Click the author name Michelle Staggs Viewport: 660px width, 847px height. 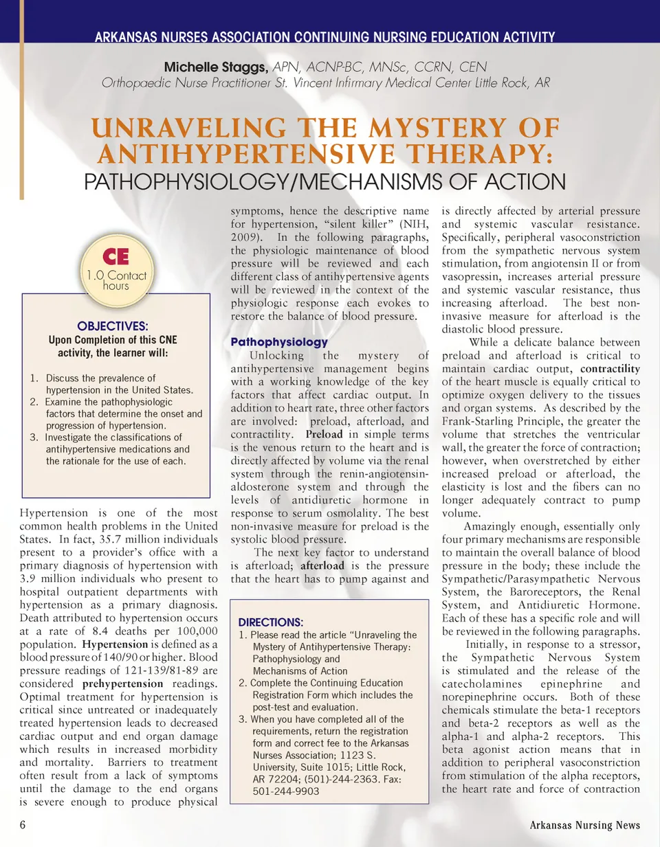pyautogui.click(x=215, y=67)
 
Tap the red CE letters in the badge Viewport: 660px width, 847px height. pyautogui.click(x=115, y=257)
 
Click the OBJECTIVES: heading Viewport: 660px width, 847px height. pyautogui.click(x=113, y=326)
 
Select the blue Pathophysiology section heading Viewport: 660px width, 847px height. pyautogui.click(x=279, y=342)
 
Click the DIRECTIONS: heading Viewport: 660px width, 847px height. pyautogui.click(x=271, y=622)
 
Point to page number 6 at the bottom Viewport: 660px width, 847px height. pyautogui.click(x=23, y=824)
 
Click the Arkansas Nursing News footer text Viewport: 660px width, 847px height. pyautogui.click(x=584, y=825)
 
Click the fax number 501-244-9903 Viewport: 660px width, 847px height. pyautogui.click(x=285, y=791)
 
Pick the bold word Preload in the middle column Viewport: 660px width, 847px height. pyautogui.click(x=324, y=435)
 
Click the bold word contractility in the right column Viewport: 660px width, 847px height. pyautogui.click(x=610, y=369)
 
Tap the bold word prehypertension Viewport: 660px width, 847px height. pyautogui.click(x=122, y=684)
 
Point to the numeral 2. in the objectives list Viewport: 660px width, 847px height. pyautogui.click(x=34, y=402)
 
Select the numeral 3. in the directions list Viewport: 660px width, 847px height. pyautogui.click(x=243, y=719)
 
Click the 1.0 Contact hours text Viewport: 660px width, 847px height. pyautogui.click(x=116, y=280)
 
